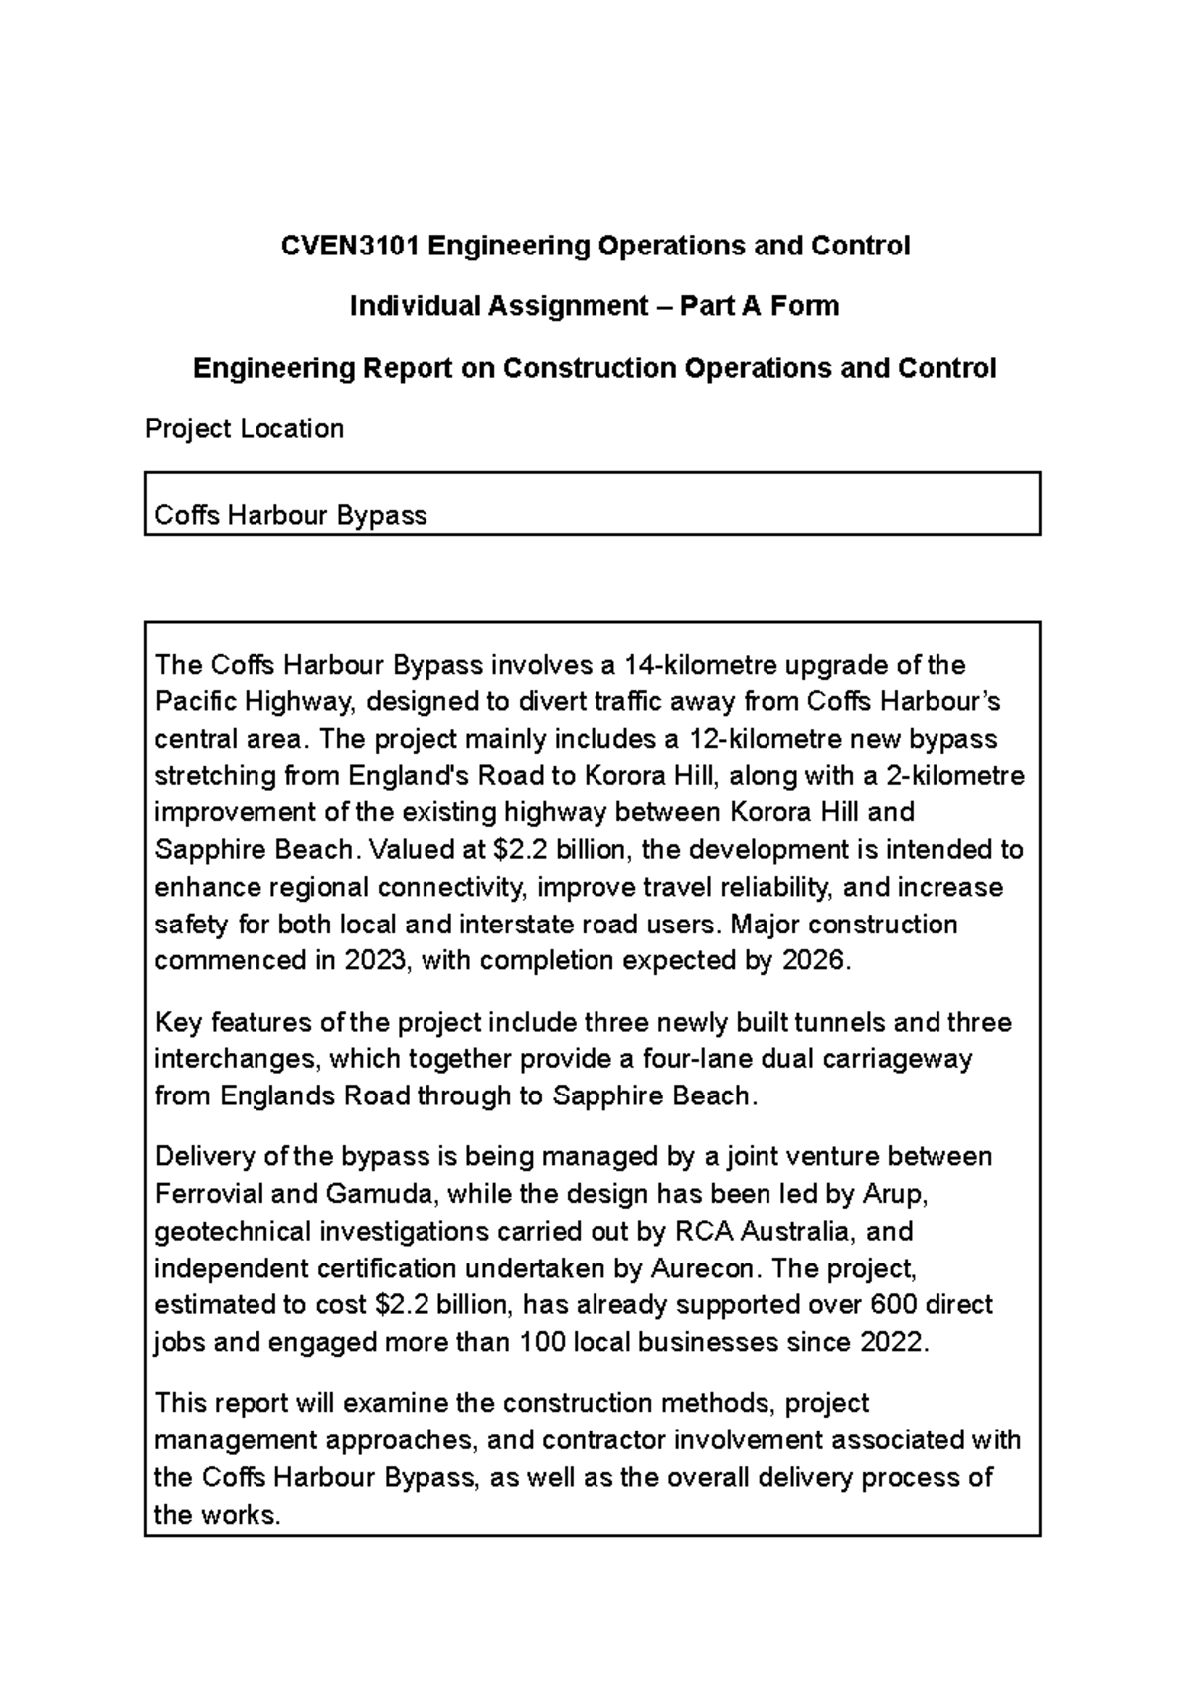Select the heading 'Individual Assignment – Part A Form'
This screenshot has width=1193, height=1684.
click(595, 306)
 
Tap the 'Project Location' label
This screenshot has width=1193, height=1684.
click(245, 429)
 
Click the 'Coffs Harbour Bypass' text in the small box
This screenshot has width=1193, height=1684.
click(290, 515)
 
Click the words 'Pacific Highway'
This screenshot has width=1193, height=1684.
click(254, 702)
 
